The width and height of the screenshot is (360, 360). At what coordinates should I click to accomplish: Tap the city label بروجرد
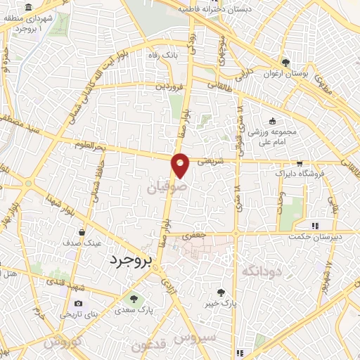(131, 260)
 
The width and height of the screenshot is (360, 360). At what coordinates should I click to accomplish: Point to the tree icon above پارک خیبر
(221, 292)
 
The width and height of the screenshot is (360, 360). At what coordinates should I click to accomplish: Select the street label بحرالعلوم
(94, 145)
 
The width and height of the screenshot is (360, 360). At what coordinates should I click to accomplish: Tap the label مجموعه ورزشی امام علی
(273, 134)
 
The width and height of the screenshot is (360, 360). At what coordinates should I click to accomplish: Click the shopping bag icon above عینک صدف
(83, 231)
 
